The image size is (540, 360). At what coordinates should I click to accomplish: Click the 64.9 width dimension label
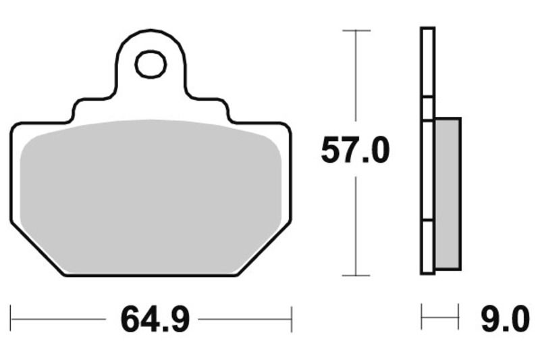tap(155, 319)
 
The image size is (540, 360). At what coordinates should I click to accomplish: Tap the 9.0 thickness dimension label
tap(504, 319)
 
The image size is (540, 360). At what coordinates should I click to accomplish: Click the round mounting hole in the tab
tap(150, 65)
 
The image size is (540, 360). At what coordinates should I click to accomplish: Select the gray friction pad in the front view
tap(150, 196)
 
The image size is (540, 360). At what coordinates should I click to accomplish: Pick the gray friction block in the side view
tap(448, 192)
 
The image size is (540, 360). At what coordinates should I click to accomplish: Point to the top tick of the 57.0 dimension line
tap(356, 31)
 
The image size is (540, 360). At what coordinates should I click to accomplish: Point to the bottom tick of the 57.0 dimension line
tap(356, 275)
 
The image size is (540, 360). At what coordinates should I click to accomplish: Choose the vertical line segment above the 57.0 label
tap(356, 81)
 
